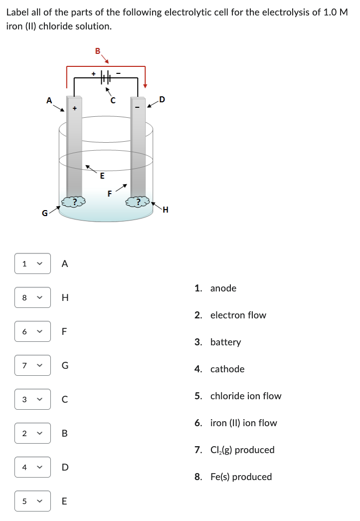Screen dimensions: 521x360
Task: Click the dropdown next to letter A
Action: pyautogui.click(x=32, y=263)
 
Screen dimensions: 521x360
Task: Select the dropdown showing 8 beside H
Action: pyautogui.click(x=32, y=297)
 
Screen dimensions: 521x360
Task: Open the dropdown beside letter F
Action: pyautogui.click(x=32, y=331)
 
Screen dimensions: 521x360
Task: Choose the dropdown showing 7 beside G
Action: pyautogui.click(x=32, y=365)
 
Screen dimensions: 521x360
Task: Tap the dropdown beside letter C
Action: pyautogui.click(x=32, y=399)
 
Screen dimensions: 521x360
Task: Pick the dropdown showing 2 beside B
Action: pyautogui.click(x=32, y=433)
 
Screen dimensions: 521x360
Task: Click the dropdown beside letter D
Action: pyautogui.click(x=32, y=467)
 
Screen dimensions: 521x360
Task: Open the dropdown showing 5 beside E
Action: pyautogui.click(x=32, y=501)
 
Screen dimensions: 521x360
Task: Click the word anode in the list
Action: pyautogui.click(x=223, y=288)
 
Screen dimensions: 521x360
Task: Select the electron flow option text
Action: pyautogui.click(x=238, y=315)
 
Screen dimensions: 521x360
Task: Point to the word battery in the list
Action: pyautogui.click(x=225, y=342)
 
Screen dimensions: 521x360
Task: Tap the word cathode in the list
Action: pyautogui.click(x=227, y=369)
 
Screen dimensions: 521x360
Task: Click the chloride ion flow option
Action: pyautogui.click(x=245, y=396)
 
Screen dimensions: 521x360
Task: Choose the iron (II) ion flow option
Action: pyautogui.click(x=243, y=423)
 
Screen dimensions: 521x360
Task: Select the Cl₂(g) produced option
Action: pyautogui.click(x=242, y=450)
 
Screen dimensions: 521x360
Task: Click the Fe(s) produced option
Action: pyautogui.click(x=241, y=477)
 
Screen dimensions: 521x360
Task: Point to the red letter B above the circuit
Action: pyautogui.click(x=97, y=50)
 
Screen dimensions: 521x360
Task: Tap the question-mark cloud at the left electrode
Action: pyautogui.click(x=73, y=202)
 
